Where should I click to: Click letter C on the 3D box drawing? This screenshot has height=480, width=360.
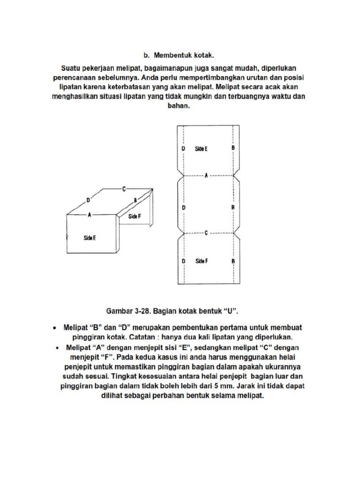(x=124, y=188)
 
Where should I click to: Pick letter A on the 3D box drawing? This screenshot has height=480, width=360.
(x=90, y=214)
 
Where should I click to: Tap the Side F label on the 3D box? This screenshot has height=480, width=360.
(x=135, y=216)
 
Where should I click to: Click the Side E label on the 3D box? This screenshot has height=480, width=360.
(x=90, y=238)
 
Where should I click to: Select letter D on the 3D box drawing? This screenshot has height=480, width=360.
(x=88, y=201)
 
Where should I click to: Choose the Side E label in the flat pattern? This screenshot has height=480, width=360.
(x=201, y=149)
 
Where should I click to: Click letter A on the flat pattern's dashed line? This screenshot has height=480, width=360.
(x=206, y=176)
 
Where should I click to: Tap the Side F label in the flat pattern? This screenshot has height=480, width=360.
(x=201, y=261)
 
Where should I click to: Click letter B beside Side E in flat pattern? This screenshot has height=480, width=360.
(x=233, y=148)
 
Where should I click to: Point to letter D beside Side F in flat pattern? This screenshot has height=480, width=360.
(x=184, y=261)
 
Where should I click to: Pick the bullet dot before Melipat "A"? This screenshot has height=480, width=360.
(x=57, y=348)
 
